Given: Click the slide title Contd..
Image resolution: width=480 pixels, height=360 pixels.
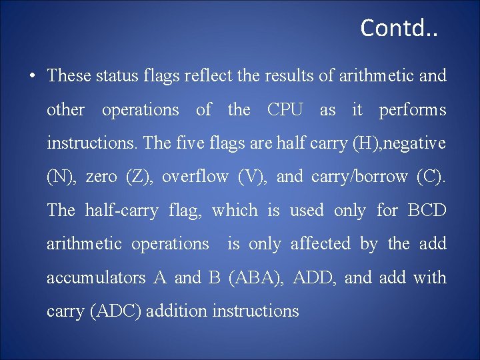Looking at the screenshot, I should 399,28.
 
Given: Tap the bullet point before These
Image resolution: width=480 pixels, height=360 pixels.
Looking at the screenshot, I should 32,75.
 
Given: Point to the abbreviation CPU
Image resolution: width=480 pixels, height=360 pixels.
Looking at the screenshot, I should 285,110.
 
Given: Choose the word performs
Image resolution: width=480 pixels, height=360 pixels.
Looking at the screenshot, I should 413,110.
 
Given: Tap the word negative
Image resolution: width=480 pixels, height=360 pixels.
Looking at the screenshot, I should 412,143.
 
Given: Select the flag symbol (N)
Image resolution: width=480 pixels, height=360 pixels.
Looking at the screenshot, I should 61,177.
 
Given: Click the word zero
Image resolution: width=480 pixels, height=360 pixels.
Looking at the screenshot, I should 101,177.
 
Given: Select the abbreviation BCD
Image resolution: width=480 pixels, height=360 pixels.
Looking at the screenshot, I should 427,211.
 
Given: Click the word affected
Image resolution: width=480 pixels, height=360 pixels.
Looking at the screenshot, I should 320,244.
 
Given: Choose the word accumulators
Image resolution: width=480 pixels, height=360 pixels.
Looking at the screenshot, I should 96,278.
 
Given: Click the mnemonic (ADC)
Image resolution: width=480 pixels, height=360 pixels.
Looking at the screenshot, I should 117,311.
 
